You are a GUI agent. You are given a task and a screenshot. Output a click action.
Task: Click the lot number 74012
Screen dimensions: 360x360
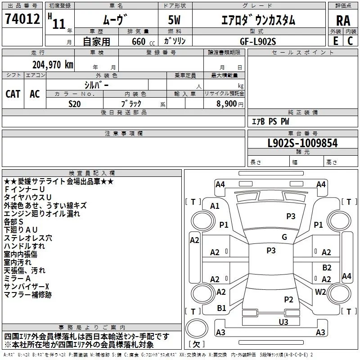tap(22, 20)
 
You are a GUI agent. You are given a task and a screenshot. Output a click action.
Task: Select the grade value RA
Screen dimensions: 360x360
tap(343, 21)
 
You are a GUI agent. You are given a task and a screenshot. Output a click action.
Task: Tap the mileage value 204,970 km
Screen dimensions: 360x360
tap(53, 64)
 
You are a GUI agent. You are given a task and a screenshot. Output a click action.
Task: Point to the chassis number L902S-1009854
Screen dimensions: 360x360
tap(302, 144)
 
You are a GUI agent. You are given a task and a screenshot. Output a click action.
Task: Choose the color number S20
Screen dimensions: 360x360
tap(75, 103)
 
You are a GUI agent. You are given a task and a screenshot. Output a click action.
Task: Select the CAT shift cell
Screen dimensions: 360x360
tap(13, 94)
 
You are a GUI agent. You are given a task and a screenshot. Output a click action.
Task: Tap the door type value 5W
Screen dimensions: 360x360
tap(175, 21)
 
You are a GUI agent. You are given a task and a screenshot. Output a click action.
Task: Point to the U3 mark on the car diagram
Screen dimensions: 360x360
tap(283, 322)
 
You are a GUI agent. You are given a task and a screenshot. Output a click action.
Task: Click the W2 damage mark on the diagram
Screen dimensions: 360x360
tap(320, 292)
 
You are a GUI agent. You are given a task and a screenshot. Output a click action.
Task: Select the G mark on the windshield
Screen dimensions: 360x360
tap(284, 237)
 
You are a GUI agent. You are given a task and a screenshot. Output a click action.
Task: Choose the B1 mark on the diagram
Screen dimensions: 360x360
tap(221, 308)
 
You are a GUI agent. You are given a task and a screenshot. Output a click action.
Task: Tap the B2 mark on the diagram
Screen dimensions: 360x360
tap(327, 267)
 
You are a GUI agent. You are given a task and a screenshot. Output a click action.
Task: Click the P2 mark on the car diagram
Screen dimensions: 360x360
tap(288, 299)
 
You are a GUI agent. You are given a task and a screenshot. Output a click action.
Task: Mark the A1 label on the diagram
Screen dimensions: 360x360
tap(215, 206)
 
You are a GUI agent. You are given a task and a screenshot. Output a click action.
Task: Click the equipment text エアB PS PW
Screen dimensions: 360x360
tap(270, 121)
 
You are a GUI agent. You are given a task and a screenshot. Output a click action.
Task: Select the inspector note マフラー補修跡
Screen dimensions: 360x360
tap(27, 295)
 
